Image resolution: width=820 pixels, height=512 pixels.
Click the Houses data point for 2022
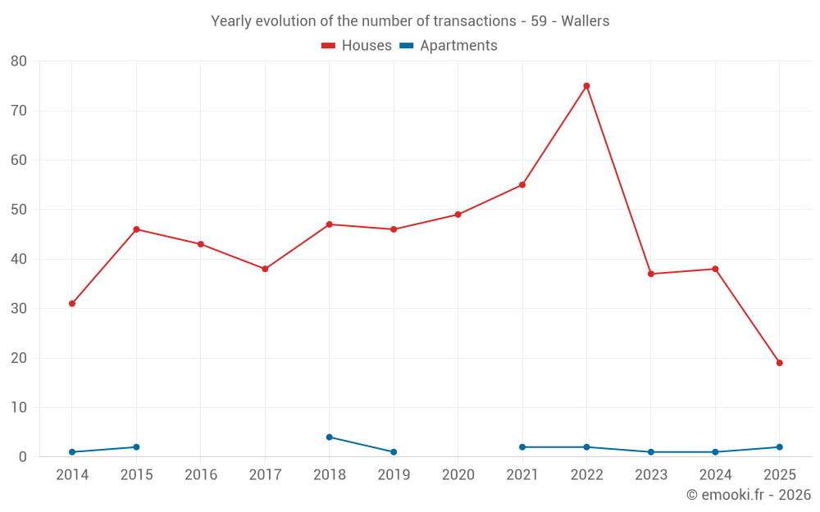tap(586, 86)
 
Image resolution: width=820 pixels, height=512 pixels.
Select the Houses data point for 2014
tap(72, 304)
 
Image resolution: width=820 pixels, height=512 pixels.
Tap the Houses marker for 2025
tap(779, 363)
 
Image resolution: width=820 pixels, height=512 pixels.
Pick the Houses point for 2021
tap(522, 185)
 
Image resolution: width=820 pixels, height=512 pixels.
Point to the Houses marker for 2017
tap(265, 269)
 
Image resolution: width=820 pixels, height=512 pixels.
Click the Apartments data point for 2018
tap(330, 437)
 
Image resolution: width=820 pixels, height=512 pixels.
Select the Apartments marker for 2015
tap(136, 447)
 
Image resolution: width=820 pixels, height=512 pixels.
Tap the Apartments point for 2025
tap(779, 447)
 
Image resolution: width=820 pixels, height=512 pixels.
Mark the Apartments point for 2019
tap(394, 452)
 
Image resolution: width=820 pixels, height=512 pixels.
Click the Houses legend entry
tap(356, 46)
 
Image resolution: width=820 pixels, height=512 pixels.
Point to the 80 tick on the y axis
tap(19, 61)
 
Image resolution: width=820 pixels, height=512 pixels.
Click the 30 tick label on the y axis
tap(19, 309)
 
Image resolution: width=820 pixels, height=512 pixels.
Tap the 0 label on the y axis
tap(23, 457)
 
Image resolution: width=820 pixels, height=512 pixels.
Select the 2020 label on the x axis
tap(458, 475)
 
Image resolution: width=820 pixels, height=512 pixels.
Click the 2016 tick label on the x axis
tap(201, 475)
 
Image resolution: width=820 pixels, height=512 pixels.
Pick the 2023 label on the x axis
tap(651, 475)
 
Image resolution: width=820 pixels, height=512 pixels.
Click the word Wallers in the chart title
tap(585, 21)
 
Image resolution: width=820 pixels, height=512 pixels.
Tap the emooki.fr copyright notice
tap(748, 495)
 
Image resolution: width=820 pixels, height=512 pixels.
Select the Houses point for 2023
tap(651, 274)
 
